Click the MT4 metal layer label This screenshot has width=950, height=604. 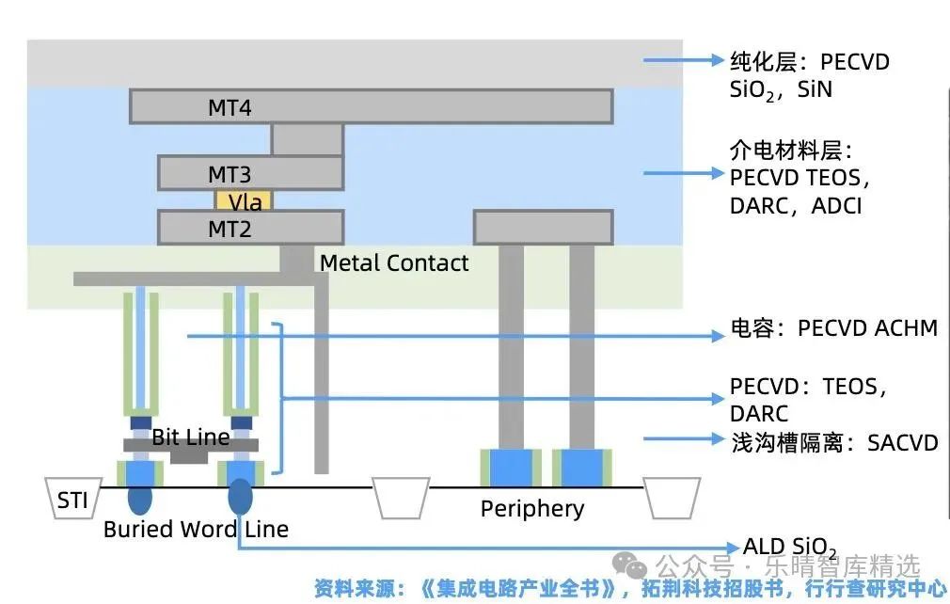click(x=229, y=108)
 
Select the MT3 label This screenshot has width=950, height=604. click(x=229, y=174)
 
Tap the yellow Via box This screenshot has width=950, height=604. click(x=245, y=200)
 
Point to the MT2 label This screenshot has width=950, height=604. click(x=229, y=229)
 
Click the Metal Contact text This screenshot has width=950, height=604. click(x=394, y=262)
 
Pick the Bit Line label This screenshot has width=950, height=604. click(x=191, y=437)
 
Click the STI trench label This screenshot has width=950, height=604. click(x=72, y=501)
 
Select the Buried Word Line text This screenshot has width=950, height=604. click(x=196, y=529)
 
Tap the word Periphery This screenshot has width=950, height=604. click(x=532, y=509)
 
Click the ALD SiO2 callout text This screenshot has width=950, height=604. click(x=790, y=547)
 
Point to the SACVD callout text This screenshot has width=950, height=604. click(x=835, y=443)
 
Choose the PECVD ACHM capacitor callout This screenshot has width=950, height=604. click(x=834, y=327)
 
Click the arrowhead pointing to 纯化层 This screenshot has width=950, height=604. click(x=719, y=60)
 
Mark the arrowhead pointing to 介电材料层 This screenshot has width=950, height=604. click(x=719, y=173)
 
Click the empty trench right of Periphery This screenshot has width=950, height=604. click(x=672, y=498)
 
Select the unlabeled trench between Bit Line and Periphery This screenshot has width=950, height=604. click(x=401, y=498)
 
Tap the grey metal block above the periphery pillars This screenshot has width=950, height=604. click(x=544, y=227)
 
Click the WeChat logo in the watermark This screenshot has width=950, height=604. click(x=630, y=565)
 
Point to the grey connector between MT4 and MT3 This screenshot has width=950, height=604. click(x=308, y=139)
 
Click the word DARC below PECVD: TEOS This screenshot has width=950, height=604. click(x=759, y=414)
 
